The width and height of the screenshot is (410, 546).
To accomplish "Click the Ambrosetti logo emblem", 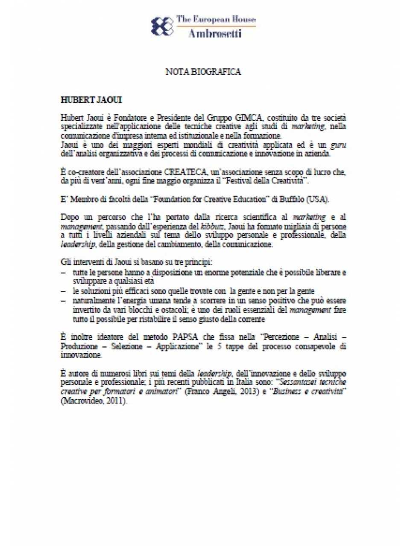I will (162, 26).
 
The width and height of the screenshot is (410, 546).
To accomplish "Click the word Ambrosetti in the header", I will (215, 33).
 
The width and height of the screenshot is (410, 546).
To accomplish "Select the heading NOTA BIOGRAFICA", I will (203, 72).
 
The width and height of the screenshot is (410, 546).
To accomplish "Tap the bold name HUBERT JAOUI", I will (91, 100).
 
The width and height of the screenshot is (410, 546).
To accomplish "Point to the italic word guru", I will (338, 145).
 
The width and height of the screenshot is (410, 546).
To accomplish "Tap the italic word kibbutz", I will (212, 227).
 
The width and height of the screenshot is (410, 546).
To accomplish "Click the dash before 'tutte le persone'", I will (63, 273).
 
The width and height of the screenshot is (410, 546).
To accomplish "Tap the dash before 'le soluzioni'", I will (63, 291).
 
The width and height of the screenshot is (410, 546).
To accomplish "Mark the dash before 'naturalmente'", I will (63, 301).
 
